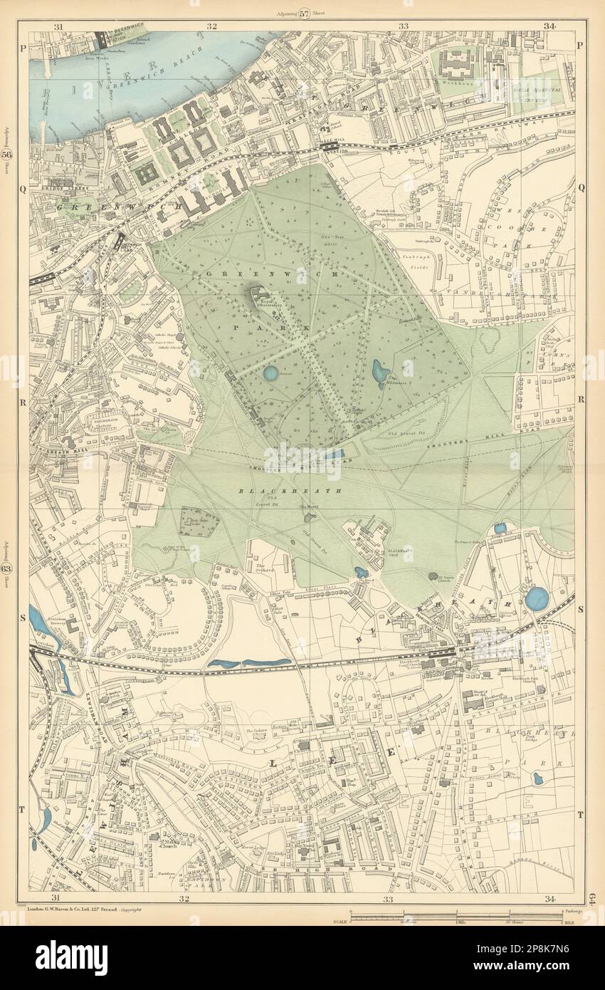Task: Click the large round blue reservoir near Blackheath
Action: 537,598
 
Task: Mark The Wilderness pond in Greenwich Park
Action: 379,371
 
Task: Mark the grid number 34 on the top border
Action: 548,26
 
